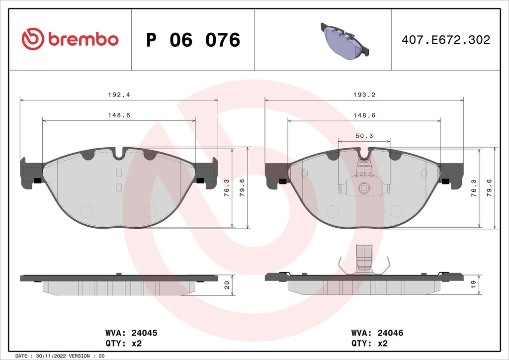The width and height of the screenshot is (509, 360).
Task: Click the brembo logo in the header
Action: click(70, 39)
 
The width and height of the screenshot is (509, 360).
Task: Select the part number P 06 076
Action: click(193, 40)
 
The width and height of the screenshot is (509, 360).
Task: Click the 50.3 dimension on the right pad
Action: click(364, 136)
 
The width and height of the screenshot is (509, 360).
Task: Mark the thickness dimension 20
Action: click(226, 285)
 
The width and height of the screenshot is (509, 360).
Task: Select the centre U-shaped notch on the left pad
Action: click(119, 154)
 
